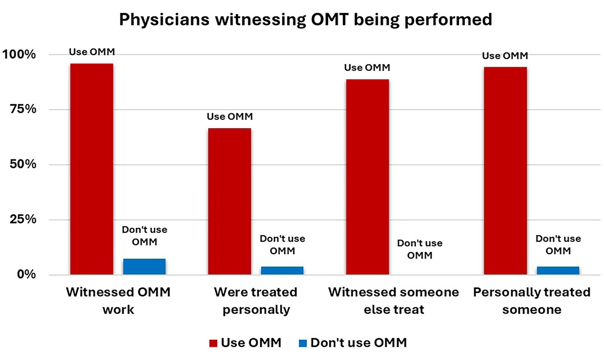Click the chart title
[x=305, y=20]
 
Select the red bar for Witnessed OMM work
[x=91, y=169]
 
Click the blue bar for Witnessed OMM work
[x=144, y=267]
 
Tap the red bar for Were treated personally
[x=229, y=201]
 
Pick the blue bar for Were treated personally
[x=282, y=270]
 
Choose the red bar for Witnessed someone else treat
[x=367, y=177]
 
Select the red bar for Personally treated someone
[x=505, y=171]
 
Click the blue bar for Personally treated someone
[x=558, y=270]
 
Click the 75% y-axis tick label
[x=22, y=110]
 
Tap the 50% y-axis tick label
[x=22, y=165]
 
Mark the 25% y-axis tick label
[x=22, y=220]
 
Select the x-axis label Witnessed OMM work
[x=118, y=300]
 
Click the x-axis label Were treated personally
[x=256, y=300]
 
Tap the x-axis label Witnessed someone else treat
[x=394, y=300]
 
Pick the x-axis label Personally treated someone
[x=532, y=300]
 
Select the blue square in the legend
[x=303, y=343]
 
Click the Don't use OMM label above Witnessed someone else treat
[x=419, y=250]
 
